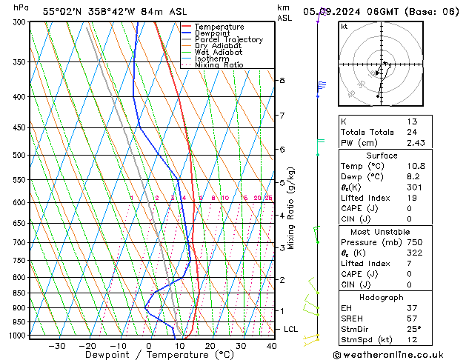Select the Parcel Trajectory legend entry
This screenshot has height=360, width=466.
pos(227,39)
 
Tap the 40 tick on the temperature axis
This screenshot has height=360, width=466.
pos(271,346)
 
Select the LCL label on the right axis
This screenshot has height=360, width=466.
pos(291,329)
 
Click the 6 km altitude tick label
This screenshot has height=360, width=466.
pos(282,149)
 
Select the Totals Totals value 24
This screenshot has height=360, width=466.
pos(411,133)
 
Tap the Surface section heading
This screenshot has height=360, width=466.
pos(382,156)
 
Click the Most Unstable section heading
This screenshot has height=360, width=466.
pos(382,232)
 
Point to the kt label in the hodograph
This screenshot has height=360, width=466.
pos(344,27)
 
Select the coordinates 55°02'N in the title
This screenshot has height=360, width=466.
pos(60,11)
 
